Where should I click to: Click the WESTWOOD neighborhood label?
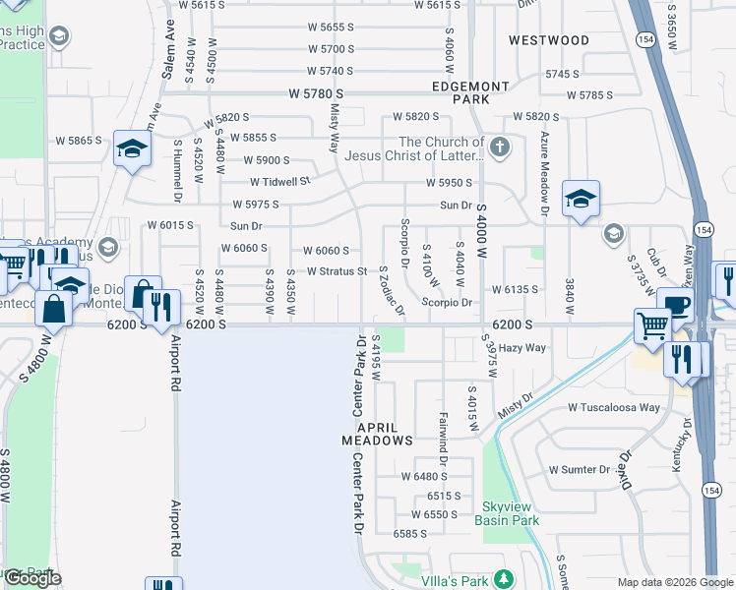click(549, 40)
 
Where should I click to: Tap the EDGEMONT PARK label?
click(469, 93)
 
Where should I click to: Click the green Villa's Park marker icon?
click(505, 578)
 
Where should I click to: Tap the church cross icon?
click(501, 148)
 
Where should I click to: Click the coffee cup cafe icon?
click(677, 305)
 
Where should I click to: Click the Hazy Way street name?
click(521, 348)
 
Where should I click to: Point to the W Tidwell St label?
click(280, 181)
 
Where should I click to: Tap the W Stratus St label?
click(337, 270)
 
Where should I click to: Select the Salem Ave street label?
click(169, 48)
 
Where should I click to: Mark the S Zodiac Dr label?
click(391, 291)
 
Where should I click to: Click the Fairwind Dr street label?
click(444, 439)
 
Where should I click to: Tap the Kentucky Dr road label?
click(678, 444)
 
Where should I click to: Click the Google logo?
click(32, 578)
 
